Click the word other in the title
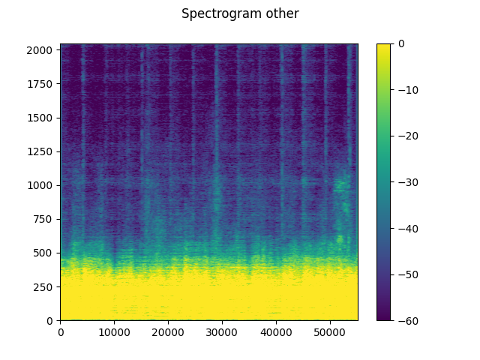pos(283,14)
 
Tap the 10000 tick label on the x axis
pos(114,331)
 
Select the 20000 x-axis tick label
pos(168,331)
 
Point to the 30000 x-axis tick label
pos(222,331)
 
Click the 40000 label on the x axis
pos(276,331)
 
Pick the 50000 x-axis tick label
pos(330,331)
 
